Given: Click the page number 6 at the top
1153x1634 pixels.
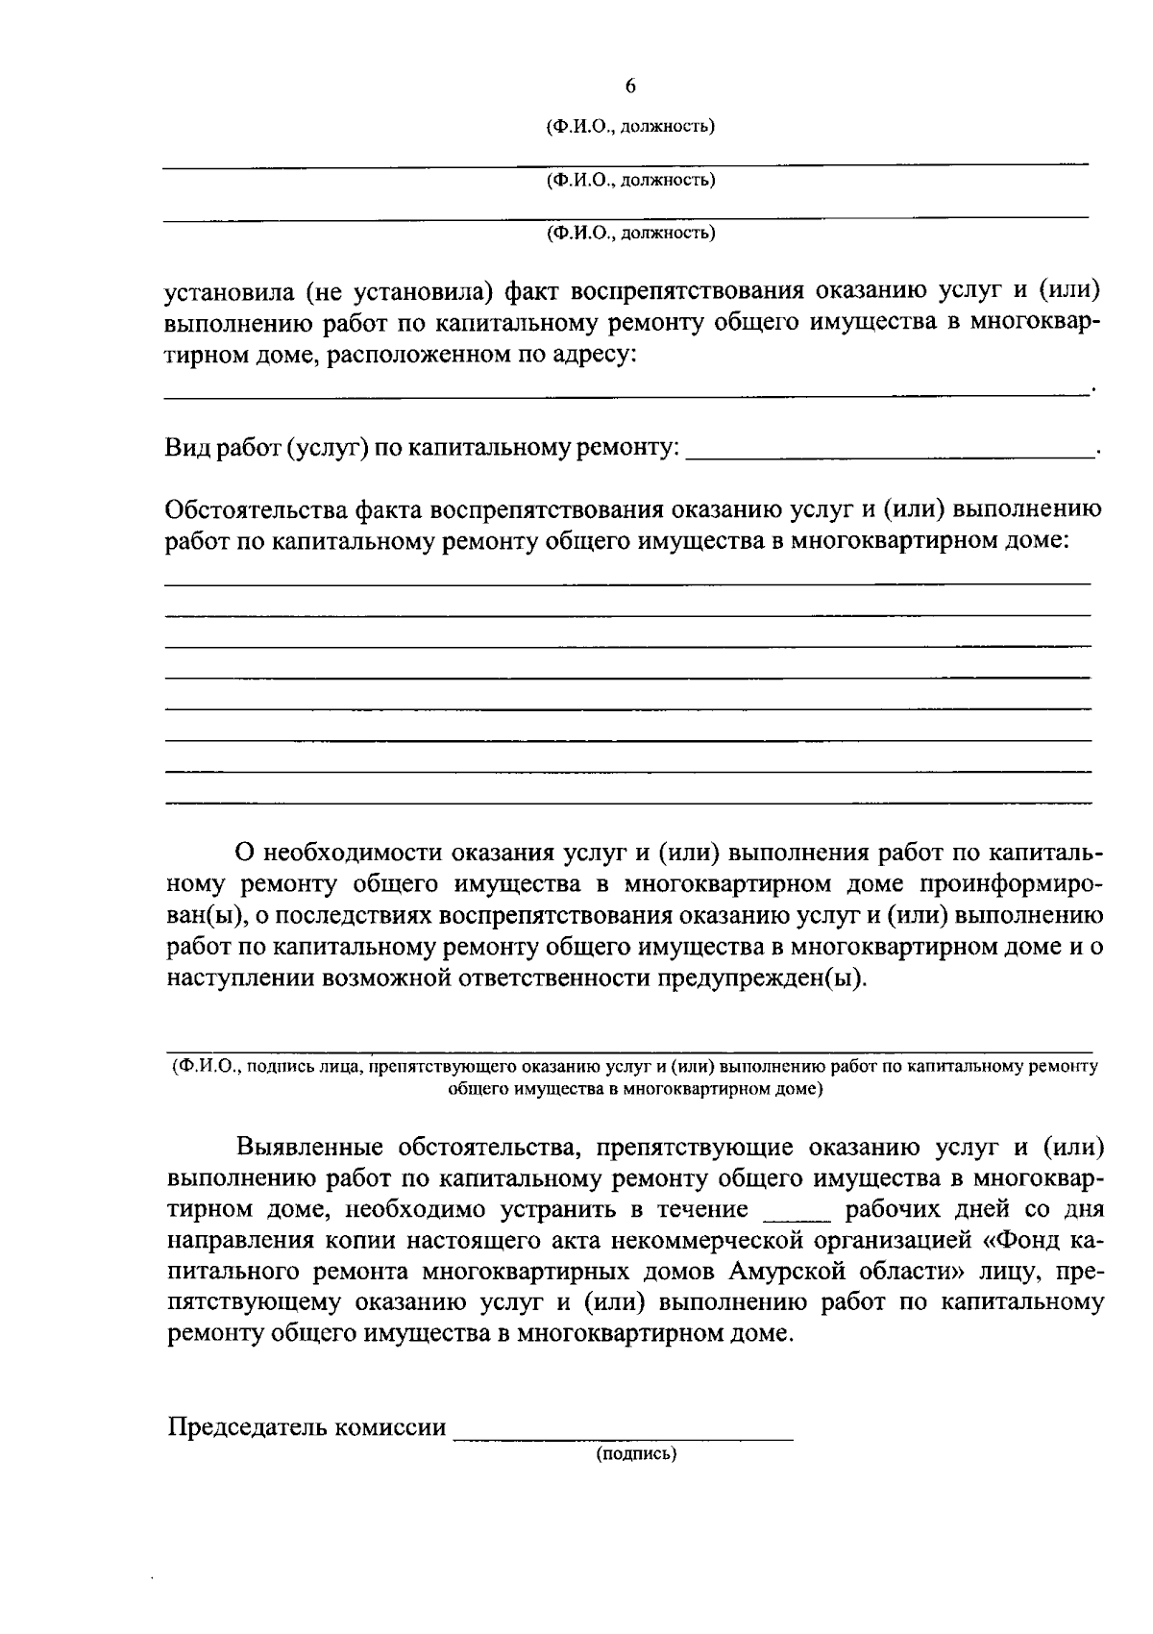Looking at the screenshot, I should pos(630,87).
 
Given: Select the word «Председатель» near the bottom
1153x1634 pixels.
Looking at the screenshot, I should pos(246,1426).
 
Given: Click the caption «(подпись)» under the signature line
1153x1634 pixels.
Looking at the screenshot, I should pos(636,1454).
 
